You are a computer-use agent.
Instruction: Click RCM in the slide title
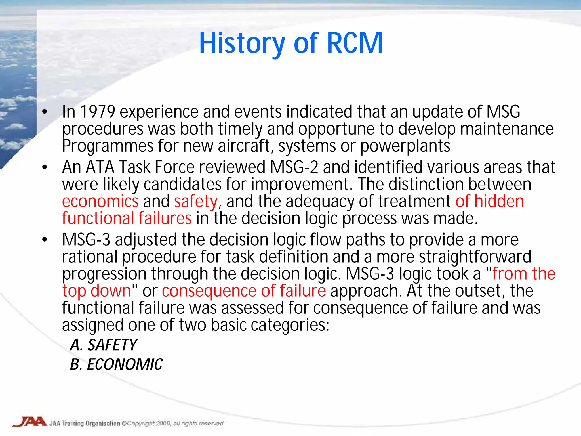coord(355,43)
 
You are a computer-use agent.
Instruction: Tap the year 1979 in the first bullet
coord(98,112)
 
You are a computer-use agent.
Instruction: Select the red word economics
coord(100,202)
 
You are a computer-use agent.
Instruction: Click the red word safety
coord(196,202)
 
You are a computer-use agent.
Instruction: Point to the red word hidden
coord(499,202)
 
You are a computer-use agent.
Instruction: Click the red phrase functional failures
coord(127,219)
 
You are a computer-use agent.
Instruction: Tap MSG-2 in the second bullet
coord(294,167)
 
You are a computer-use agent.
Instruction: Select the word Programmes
coord(108,146)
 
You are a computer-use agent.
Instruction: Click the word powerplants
coord(405,146)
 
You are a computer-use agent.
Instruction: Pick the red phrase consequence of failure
coord(244,291)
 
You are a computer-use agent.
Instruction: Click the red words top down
coord(96,291)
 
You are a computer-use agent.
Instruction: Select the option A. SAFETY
coord(104,345)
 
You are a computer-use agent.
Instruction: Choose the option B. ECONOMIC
coord(116,364)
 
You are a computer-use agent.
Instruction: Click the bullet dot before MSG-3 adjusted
coord(45,240)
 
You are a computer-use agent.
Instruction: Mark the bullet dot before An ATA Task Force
coord(45,167)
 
